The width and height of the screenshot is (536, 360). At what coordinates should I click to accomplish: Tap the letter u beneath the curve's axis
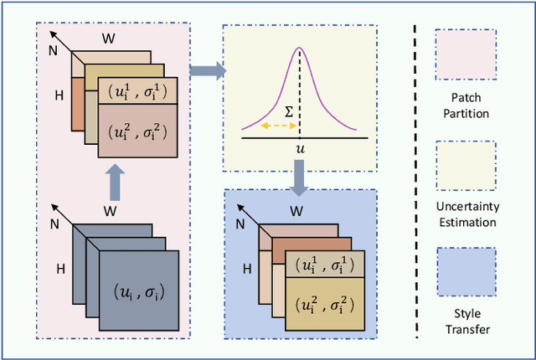299,148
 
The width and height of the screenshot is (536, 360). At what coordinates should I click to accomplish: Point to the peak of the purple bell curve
299,49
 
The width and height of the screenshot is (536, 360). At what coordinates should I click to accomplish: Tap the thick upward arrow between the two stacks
116,181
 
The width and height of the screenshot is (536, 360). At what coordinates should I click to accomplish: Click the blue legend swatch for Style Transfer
466,275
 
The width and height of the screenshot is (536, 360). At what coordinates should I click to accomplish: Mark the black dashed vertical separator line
417,180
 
